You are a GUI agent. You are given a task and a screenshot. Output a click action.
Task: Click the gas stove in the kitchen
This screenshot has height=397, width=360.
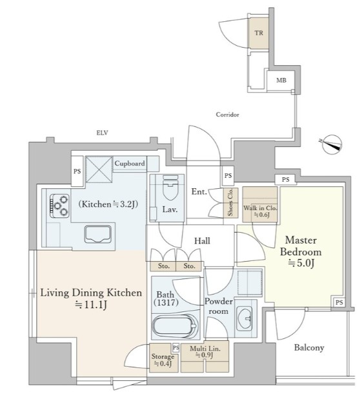pos(59,206)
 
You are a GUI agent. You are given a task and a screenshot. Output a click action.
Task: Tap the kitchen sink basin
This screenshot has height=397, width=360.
pos(98,234)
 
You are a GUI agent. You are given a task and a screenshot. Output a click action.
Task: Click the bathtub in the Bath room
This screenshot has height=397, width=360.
pos(175,326)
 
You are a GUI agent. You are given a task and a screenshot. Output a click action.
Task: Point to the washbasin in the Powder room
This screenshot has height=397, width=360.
pos(244,319)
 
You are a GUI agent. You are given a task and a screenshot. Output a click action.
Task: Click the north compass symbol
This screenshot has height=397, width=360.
pos(332,144)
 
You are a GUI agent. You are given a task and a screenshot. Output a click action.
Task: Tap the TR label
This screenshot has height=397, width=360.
pos(259,33)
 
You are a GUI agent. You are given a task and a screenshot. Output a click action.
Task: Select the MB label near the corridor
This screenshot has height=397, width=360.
pos(281,81)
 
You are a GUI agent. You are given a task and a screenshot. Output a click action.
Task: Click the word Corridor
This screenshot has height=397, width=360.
pos(227,115)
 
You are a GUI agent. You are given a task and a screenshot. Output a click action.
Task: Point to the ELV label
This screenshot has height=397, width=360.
pos(102,133)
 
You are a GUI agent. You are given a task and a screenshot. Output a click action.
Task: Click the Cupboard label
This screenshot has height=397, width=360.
pos(130,164)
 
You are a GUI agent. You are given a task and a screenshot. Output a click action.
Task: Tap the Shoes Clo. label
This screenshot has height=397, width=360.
pos(230,203)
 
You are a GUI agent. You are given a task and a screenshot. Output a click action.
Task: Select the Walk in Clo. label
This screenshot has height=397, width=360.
pos(261,211)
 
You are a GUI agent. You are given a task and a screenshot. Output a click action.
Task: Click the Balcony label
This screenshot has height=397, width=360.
pos(309,348)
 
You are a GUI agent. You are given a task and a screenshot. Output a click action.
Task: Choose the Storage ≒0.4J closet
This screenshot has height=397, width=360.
pos(163,358)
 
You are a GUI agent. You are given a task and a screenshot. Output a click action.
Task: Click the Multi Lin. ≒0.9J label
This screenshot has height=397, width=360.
pos(205,352)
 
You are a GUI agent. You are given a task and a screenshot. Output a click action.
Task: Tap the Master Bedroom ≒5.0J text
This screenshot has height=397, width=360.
pos(301,251)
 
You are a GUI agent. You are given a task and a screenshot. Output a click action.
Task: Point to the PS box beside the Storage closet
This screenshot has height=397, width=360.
pos(175,347)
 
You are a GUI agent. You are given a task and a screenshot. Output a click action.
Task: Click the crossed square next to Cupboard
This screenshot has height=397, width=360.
pos(99,169)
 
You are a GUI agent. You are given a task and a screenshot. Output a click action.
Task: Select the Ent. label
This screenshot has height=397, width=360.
pos(199,191)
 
